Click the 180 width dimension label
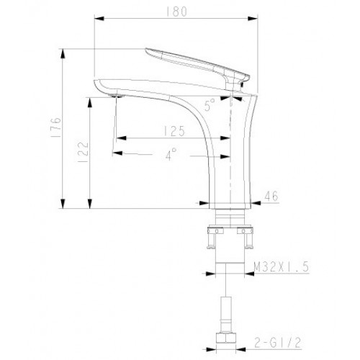click(176, 12)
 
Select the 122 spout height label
click(84, 152)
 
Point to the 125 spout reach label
click(174, 131)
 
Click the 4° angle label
click(171, 154)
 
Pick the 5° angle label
click(210, 105)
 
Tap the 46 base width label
click(271, 196)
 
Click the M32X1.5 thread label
click(282, 267)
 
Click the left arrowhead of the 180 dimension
click(99, 18)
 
